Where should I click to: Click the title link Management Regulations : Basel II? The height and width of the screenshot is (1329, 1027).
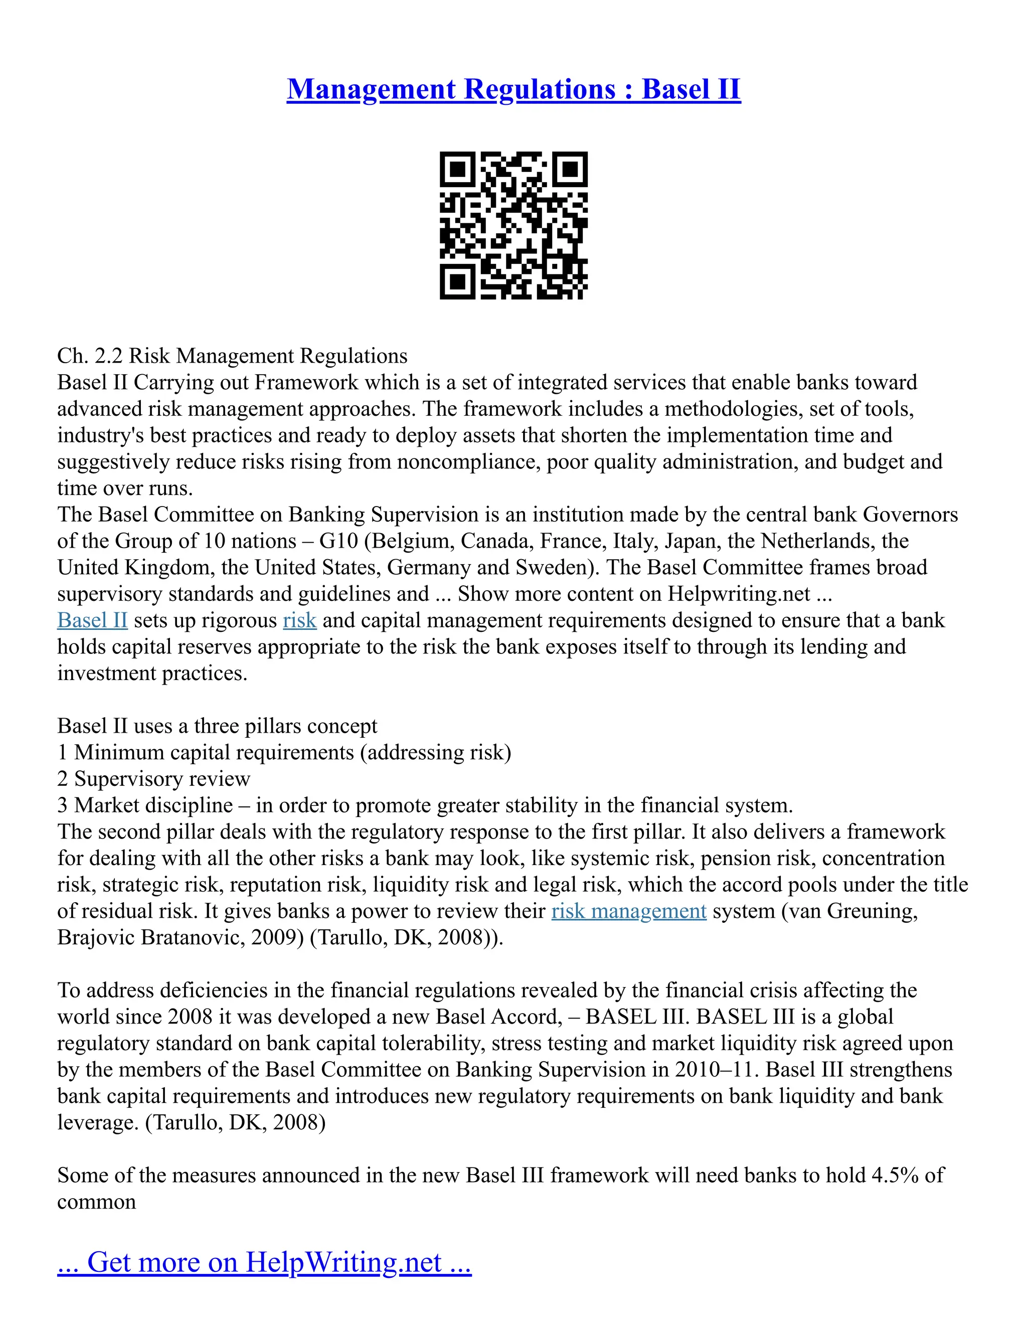(513, 89)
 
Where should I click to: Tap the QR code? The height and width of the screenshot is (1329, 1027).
(513, 225)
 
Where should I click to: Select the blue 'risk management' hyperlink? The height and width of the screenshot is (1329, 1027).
(628, 911)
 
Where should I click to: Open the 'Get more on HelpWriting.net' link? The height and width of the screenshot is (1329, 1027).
(264, 1262)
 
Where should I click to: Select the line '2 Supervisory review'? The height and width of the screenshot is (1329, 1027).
(153, 779)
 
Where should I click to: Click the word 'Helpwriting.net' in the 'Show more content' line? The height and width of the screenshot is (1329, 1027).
(739, 594)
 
